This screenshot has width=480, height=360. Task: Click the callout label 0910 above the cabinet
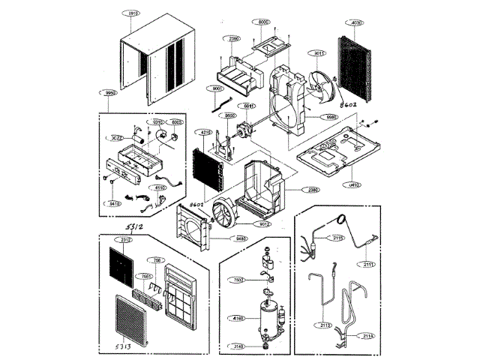tap(133, 14)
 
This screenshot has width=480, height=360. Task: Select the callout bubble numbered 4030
tap(355, 24)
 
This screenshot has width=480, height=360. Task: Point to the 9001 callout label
tap(219, 89)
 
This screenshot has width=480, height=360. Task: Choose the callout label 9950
tap(110, 93)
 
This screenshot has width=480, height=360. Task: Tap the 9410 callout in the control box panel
tap(113, 202)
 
